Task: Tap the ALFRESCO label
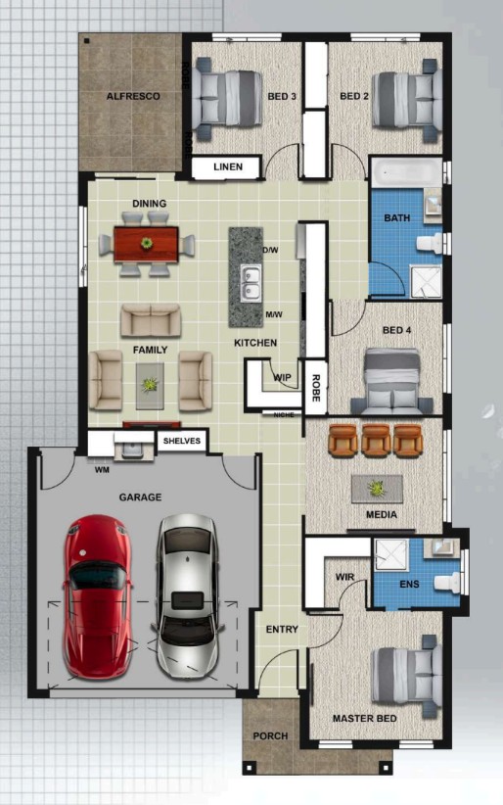tap(133, 96)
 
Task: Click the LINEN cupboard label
tap(228, 166)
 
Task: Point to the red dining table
tap(146, 244)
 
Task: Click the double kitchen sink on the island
tap(251, 284)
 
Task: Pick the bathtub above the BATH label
tap(406, 172)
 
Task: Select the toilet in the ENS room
tap(447, 582)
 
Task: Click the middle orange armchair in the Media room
tap(376, 440)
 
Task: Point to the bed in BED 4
tap(392, 380)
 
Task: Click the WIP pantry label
tap(282, 377)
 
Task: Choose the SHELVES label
tap(182, 441)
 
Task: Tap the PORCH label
tap(270, 735)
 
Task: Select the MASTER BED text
tap(364, 718)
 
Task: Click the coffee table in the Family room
tap(150, 386)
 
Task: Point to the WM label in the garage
tap(102, 470)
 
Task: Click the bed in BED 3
tap(227, 98)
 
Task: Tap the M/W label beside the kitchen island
tap(274, 314)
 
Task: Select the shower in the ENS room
tap(391, 554)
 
